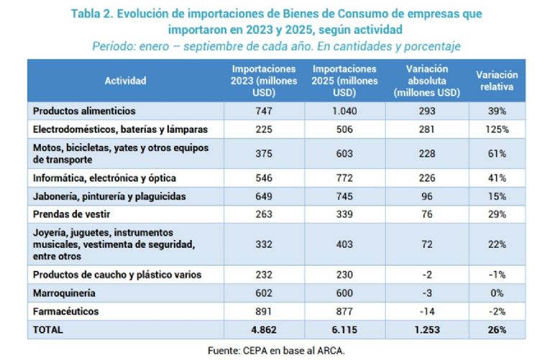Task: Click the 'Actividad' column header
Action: point(125,80)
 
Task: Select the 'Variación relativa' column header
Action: point(496,80)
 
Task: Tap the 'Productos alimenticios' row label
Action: point(84,111)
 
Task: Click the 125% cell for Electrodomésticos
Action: point(496,130)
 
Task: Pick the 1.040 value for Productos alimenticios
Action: point(345,111)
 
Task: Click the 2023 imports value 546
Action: point(264,177)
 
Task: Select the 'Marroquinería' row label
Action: point(65,293)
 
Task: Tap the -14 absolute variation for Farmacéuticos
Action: point(427,312)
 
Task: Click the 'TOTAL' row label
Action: point(48,330)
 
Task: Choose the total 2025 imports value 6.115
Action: point(345,330)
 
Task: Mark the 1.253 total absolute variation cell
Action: point(427,330)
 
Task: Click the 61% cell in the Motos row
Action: point(496,154)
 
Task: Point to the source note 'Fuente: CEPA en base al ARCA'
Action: point(276,351)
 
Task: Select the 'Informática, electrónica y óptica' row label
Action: point(105,177)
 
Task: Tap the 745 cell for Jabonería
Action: point(345,196)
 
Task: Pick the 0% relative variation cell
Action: point(496,293)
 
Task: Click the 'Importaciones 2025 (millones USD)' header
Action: point(345,80)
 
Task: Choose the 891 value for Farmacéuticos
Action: point(264,312)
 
